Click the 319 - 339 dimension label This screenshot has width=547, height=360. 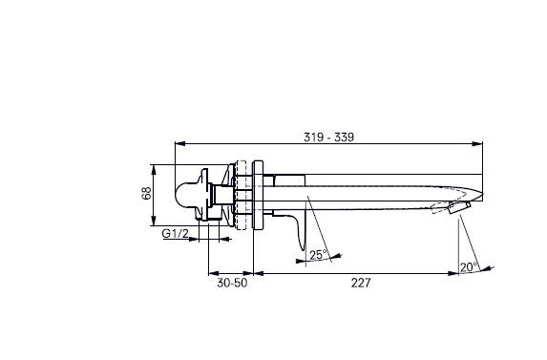coord(328,138)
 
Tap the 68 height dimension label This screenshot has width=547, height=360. coord(146,193)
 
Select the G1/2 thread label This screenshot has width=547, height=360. coord(175,233)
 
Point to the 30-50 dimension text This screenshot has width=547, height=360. coord(232,283)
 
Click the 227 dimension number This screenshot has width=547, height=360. coord(361,283)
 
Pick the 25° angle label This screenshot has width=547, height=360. coord(319,255)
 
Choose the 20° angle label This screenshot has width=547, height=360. coord(470,267)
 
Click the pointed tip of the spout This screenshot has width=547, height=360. coord(482,194)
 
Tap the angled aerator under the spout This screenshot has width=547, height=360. coord(459,207)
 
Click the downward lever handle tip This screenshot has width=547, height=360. coord(304,249)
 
